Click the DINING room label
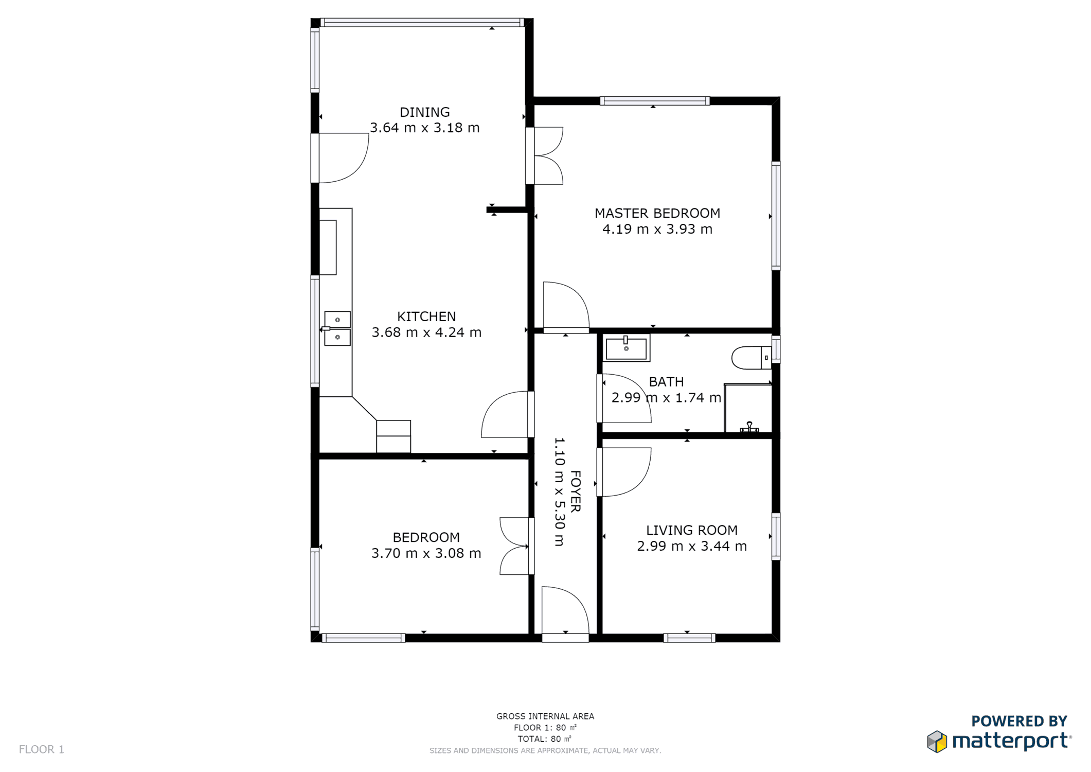pyautogui.click(x=424, y=112)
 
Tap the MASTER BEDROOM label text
pyautogui.click(x=657, y=213)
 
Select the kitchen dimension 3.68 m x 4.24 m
pyautogui.click(x=426, y=332)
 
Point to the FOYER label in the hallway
pyautogui.click(x=576, y=491)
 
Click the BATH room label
pyautogui.click(x=666, y=382)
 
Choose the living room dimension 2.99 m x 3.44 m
pyautogui.click(x=692, y=546)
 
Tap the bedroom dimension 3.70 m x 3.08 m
pyautogui.click(x=426, y=553)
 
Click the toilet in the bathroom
pyautogui.click(x=752, y=358)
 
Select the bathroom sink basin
pyautogui.click(x=626, y=348)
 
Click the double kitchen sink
pyautogui.click(x=337, y=328)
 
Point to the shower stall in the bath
pyautogui.click(x=748, y=408)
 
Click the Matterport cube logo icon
pyautogui.click(x=937, y=742)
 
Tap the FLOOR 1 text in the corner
pyautogui.click(x=42, y=749)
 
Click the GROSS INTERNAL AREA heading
pyautogui.click(x=545, y=716)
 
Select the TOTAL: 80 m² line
pyautogui.click(x=545, y=739)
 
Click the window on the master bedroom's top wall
pyautogui.click(x=654, y=101)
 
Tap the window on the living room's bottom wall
pyautogui.click(x=689, y=638)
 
